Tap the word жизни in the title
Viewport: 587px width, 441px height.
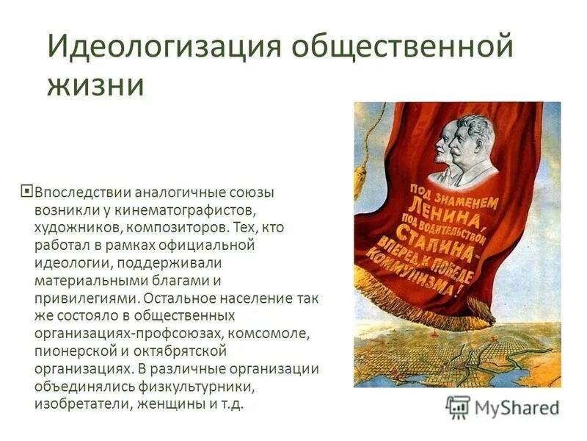[x=95, y=85]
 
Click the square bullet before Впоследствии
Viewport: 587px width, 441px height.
[x=28, y=192]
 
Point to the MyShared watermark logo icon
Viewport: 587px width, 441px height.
[x=459, y=406]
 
